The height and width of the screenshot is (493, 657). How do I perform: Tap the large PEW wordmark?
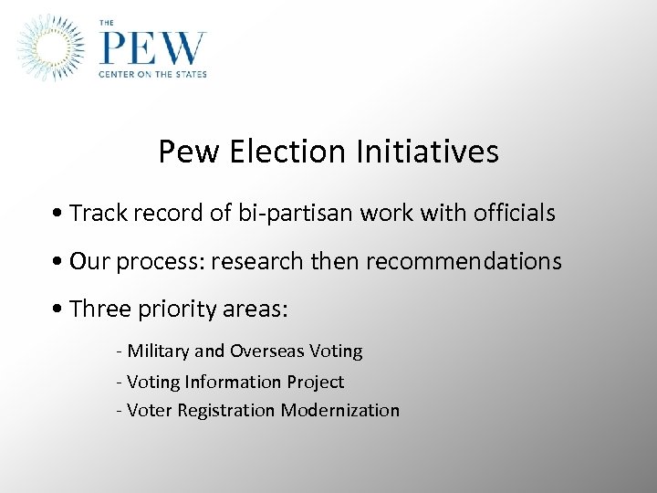(153, 47)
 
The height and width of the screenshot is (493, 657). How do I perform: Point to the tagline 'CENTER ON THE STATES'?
(153, 74)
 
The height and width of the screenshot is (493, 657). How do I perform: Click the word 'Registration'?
(230, 411)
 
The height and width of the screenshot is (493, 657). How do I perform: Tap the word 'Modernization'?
(340, 411)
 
